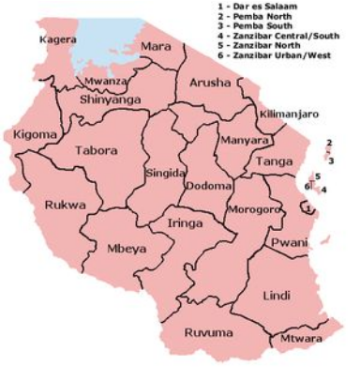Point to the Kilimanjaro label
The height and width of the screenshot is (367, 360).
pos(290,114)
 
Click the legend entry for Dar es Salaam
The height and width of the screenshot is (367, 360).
pos(280,8)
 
